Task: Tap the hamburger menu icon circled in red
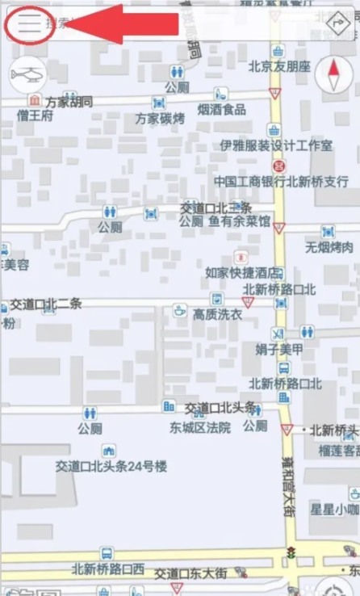[29, 23]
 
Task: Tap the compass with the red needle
[333, 77]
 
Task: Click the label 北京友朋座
[279, 66]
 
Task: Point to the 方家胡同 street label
[69, 102]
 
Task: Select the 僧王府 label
[35, 115]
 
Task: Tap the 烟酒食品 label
[222, 109]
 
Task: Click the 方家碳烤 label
[160, 118]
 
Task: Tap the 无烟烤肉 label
[329, 247]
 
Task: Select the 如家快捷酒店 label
[243, 272]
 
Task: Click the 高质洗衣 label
[217, 314]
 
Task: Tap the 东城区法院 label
[200, 427]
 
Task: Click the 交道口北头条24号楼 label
[111, 466]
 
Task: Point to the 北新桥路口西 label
[108, 569]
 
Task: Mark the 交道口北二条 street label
[46, 304]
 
